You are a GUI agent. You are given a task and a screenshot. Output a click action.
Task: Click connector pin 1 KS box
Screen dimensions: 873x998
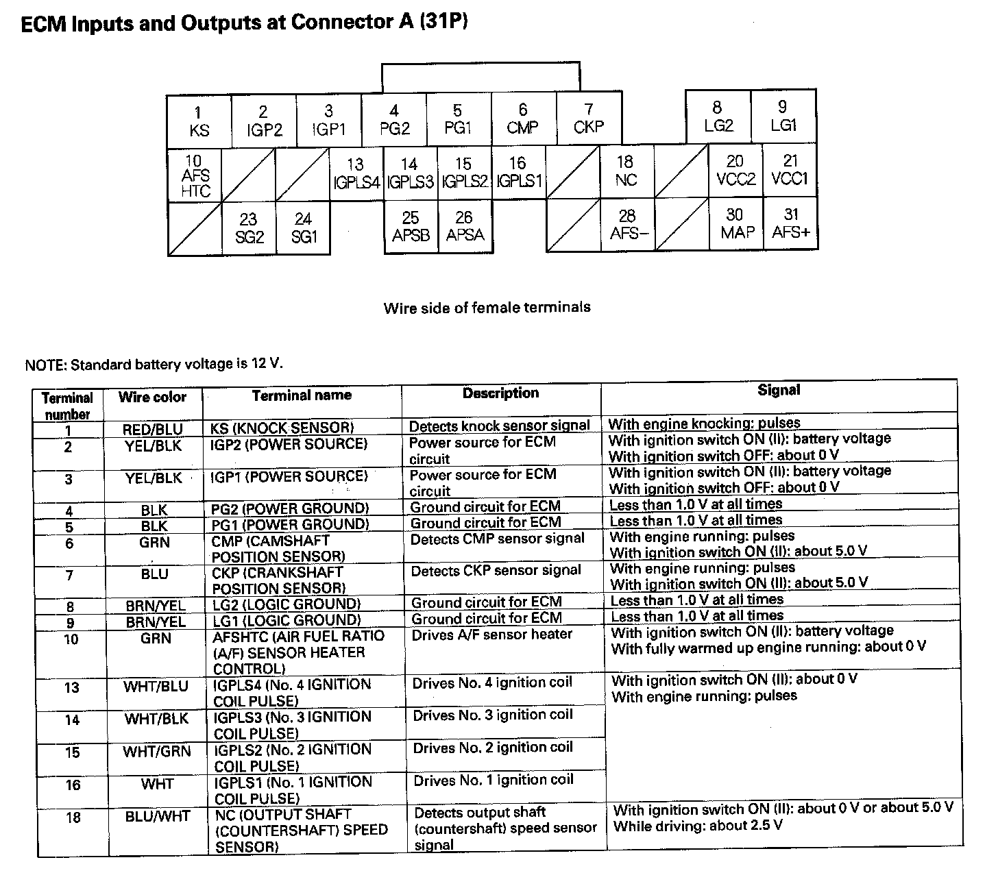click(x=199, y=121)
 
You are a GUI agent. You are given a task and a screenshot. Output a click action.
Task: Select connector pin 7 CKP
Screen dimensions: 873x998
click(x=588, y=119)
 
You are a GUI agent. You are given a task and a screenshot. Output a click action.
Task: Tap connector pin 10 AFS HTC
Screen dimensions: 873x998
click(x=195, y=175)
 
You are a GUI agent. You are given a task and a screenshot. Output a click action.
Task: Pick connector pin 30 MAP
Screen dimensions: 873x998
click(x=736, y=224)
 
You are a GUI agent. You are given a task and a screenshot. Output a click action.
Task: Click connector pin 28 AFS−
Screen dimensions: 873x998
click(x=628, y=225)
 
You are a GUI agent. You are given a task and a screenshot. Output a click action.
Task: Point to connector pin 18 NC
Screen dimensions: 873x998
click(x=625, y=171)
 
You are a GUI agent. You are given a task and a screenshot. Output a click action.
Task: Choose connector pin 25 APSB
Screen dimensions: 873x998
click(x=411, y=227)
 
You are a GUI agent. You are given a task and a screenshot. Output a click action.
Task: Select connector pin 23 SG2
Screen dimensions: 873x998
click(x=248, y=228)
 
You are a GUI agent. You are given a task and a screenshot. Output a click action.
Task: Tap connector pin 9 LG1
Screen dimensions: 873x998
click(x=783, y=116)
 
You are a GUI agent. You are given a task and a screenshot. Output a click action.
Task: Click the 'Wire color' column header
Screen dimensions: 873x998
click(x=152, y=397)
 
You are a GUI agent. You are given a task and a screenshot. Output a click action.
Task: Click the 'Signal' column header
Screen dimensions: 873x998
click(x=779, y=391)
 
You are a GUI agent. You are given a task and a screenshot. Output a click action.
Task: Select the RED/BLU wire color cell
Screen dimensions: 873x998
click(x=152, y=430)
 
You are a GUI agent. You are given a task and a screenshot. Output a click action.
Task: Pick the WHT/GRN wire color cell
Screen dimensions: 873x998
click(x=156, y=752)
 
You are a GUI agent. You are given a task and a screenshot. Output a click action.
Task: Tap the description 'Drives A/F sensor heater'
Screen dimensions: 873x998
click(x=491, y=635)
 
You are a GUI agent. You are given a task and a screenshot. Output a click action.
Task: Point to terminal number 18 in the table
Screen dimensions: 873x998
click(x=73, y=817)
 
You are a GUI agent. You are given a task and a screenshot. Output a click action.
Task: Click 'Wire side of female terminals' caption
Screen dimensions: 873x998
click(x=487, y=308)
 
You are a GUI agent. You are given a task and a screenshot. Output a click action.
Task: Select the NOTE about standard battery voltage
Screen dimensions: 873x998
click(x=154, y=364)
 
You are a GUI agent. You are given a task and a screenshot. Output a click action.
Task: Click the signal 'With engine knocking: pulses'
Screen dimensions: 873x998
click(x=704, y=423)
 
